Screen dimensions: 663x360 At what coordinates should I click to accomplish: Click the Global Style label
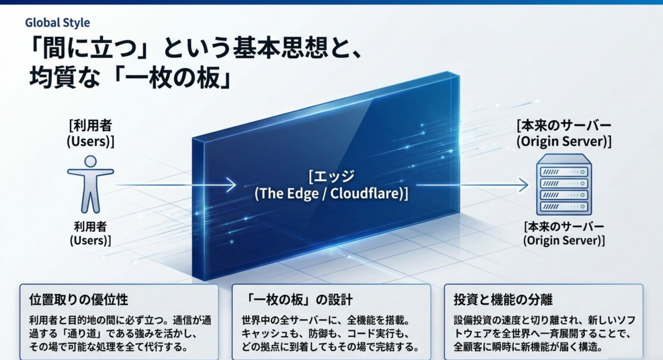coord(57,23)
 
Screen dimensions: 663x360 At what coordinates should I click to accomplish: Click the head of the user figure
coord(90,161)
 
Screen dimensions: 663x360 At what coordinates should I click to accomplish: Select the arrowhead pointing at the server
coord(523,185)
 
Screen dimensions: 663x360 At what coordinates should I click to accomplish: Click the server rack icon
coord(564,184)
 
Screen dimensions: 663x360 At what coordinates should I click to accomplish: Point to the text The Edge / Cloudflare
coord(331,194)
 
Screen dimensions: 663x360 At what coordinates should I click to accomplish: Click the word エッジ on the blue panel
coord(334,177)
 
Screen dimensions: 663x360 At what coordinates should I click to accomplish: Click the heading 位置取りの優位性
coord(79,300)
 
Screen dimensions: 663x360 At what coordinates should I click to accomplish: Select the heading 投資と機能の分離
coord(503,300)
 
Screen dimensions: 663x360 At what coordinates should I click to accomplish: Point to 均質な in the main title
coord(64,78)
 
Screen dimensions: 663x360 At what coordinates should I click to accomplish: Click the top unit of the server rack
coord(564,172)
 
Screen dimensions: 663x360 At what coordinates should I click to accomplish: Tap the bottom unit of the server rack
coord(564,206)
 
